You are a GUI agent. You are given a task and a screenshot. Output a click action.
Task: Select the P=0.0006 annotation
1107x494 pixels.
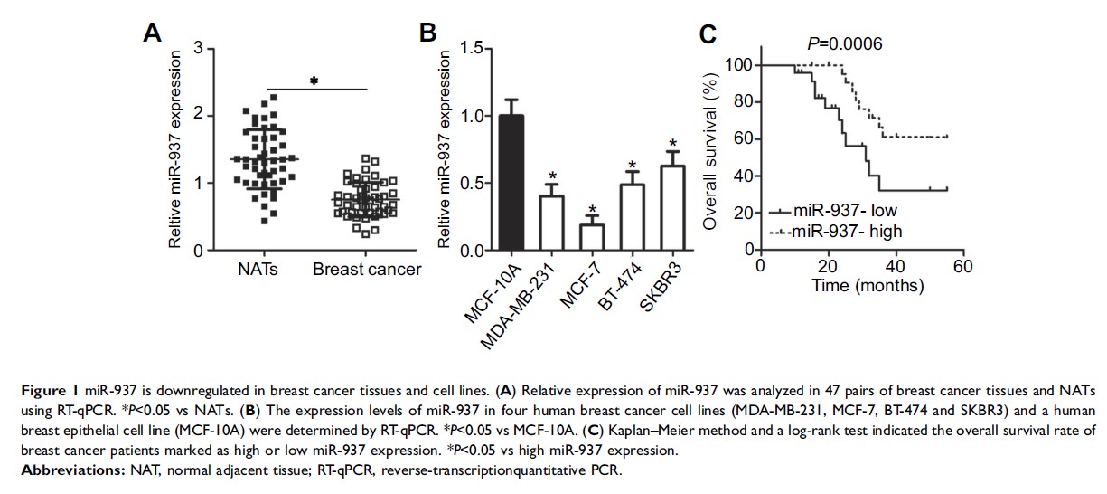point(845,44)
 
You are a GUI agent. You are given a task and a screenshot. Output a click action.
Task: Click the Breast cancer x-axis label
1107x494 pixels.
point(367,270)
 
